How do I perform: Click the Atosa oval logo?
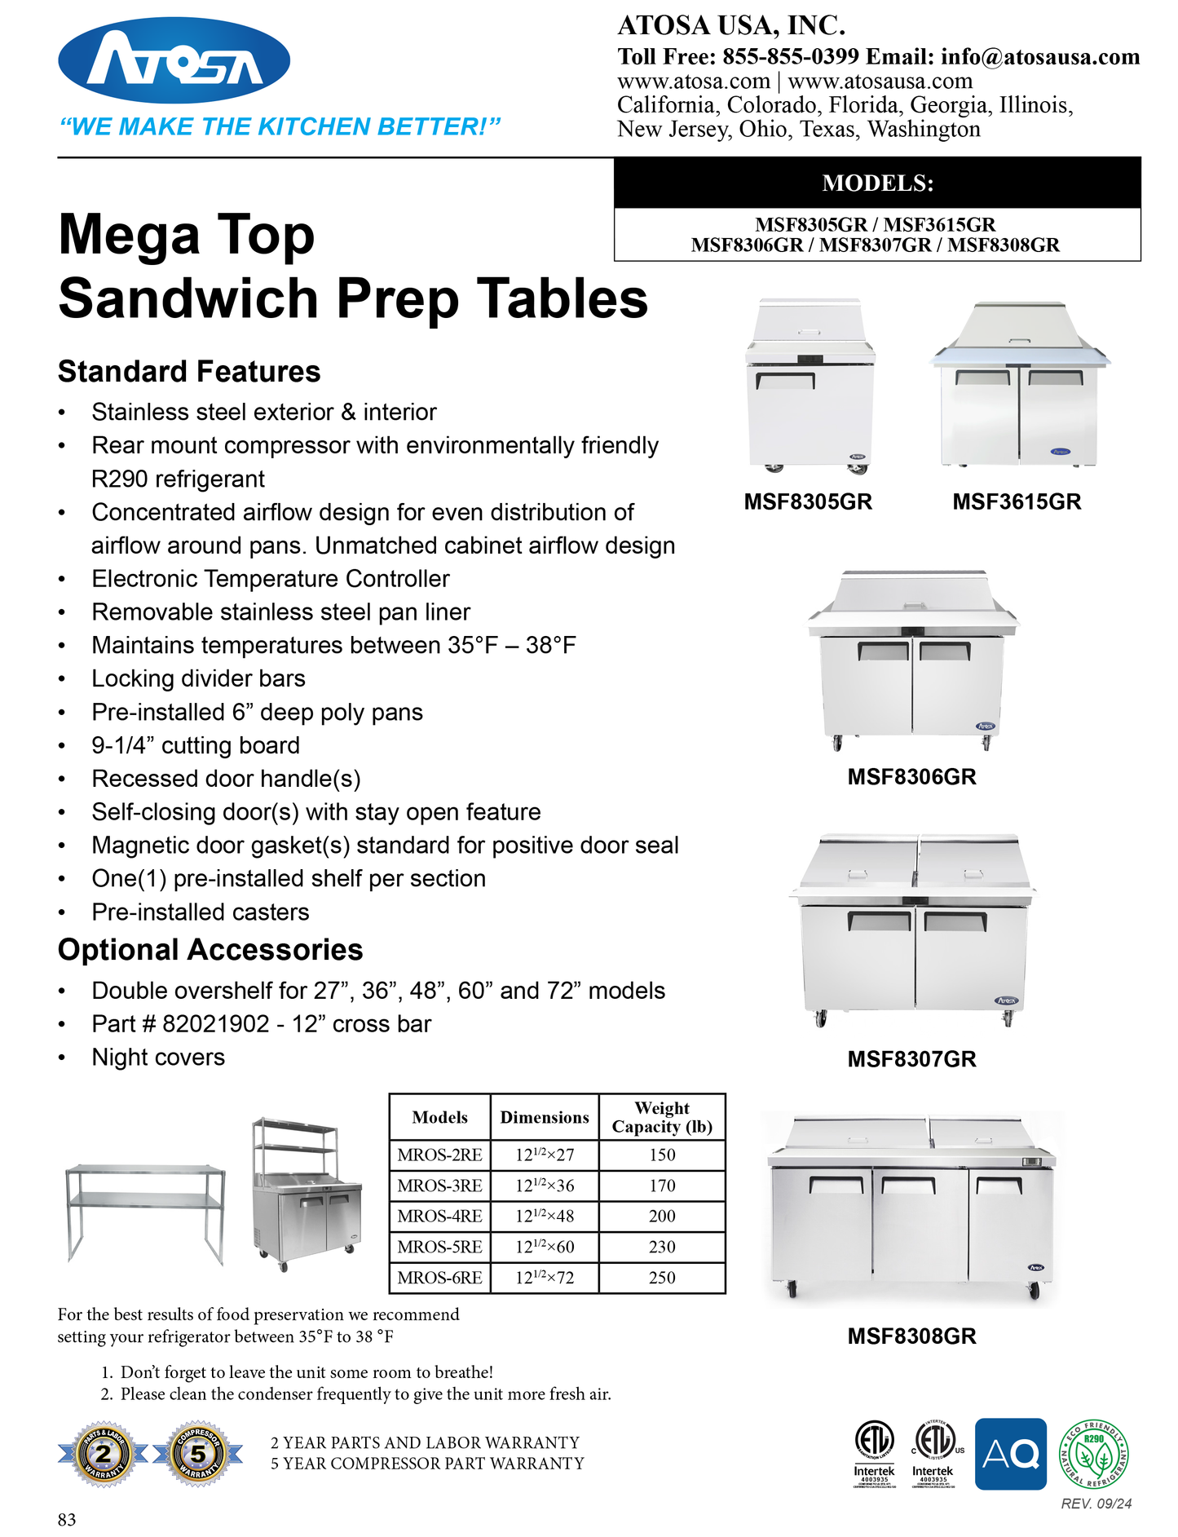174,60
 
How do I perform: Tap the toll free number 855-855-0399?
790,56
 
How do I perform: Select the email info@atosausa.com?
1039,56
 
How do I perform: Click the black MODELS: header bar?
876,183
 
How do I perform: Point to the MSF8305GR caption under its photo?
807,501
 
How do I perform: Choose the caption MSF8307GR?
911,1059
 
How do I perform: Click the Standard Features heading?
189,372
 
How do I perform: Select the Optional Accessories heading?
210,950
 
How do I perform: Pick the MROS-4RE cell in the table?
439,1216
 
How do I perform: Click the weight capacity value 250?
662,1278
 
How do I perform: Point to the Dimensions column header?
544,1117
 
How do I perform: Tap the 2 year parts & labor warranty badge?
104,1454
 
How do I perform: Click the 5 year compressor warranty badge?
198,1454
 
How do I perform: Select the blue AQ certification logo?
1010,1454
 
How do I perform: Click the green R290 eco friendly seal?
1093,1454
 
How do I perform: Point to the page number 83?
67,1519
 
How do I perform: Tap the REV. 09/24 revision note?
1096,1504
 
